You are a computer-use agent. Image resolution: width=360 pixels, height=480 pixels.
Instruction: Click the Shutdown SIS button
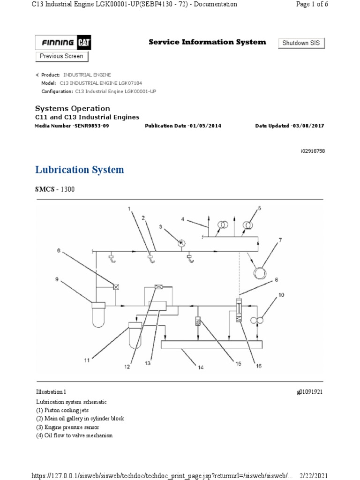click(x=301, y=43)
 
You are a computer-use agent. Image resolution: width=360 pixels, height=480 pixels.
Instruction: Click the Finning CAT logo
click(x=63, y=43)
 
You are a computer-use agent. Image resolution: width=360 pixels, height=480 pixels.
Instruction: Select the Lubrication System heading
click(x=80, y=170)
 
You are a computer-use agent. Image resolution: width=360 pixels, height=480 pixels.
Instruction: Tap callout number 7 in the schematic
click(x=280, y=240)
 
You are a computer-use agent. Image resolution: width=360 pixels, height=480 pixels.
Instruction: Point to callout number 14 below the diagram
click(x=201, y=367)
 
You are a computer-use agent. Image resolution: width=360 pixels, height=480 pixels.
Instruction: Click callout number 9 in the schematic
click(x=57, y=280)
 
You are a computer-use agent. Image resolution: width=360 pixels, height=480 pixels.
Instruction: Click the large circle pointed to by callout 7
click(x=259, y=272)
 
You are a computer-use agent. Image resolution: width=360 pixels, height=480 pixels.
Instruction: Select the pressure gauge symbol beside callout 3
click(x=181, y=242)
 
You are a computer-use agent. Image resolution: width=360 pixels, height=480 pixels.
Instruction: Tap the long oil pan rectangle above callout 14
click(x=211, y=345)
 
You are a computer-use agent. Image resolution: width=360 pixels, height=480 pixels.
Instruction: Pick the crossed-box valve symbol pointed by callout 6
click(x=114, y=285)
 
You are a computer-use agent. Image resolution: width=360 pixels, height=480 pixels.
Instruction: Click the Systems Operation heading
click(x=73, y=108)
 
